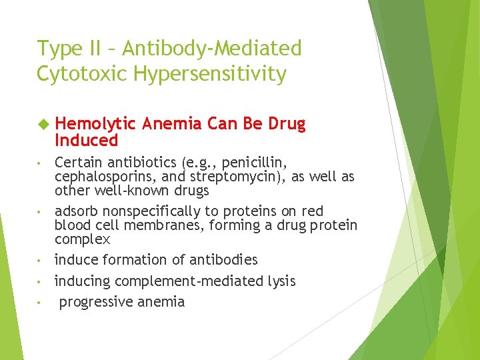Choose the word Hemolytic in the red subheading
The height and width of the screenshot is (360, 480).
coord(95,124)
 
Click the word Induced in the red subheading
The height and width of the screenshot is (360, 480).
coord(86,140)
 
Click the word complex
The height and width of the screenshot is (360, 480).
coord(82,239)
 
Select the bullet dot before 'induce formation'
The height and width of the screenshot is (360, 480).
coord(41,260)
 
